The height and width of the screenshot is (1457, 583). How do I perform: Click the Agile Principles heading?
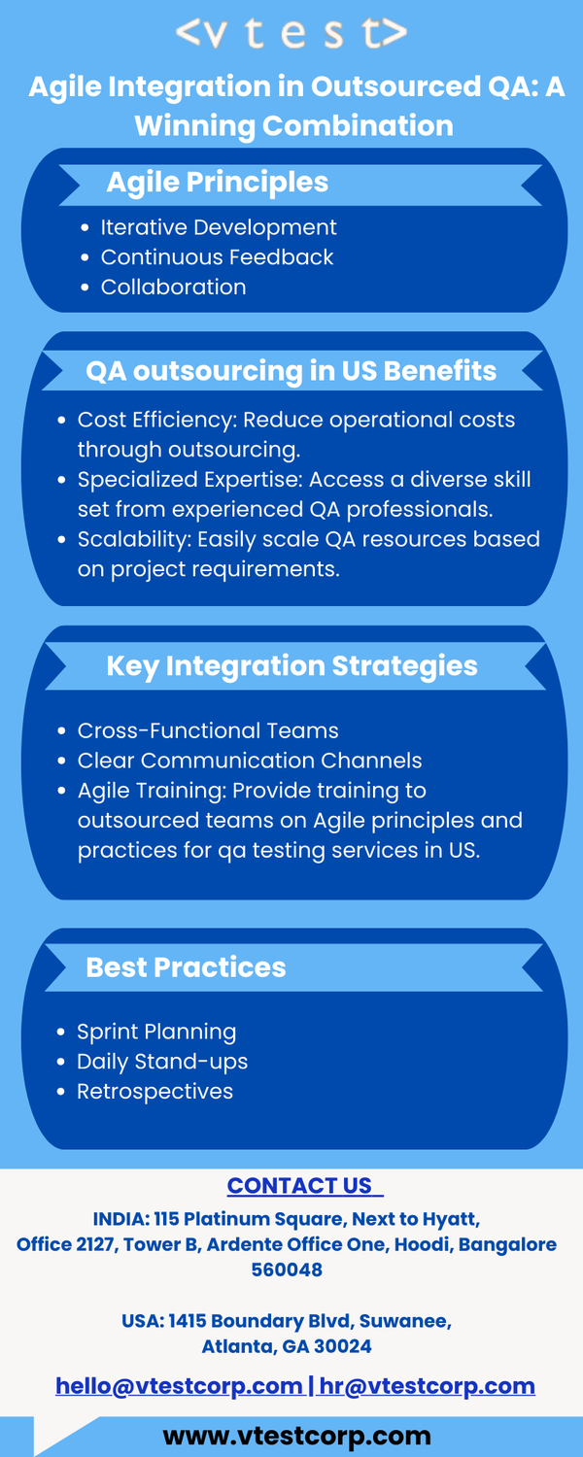tap(218, 183)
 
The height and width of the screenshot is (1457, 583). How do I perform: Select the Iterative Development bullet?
tap(219, 227)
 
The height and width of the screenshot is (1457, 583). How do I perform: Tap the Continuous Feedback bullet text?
tap(217, 257)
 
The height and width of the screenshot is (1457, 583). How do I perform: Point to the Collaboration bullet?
tap(173, 287)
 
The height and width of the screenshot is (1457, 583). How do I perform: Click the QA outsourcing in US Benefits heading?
tap(291, 371)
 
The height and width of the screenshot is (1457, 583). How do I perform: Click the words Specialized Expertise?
tap(190, 480)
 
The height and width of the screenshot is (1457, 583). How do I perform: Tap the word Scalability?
tap(134, 539)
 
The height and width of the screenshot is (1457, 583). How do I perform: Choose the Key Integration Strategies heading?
tap(291, 666)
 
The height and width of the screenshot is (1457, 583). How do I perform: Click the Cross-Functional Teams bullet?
tap(208, 730)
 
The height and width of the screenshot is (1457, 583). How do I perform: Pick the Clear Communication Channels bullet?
tap(250, 761)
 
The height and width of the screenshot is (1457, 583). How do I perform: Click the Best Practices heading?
tap(187, 967)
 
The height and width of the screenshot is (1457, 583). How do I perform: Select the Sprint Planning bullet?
tap(156, 1032)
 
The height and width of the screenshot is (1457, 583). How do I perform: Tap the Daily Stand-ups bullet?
tap(162, 1062)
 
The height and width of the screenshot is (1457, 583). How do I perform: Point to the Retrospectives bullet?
tap(154, 1092)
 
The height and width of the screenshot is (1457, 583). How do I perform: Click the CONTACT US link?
tap(304, 1186)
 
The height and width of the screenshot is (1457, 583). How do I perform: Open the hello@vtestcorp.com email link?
tap(179, 1385)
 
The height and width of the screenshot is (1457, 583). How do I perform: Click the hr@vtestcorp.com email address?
tap(427, 1385)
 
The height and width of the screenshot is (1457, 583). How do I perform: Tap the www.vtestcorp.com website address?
tap(296, 1436)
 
